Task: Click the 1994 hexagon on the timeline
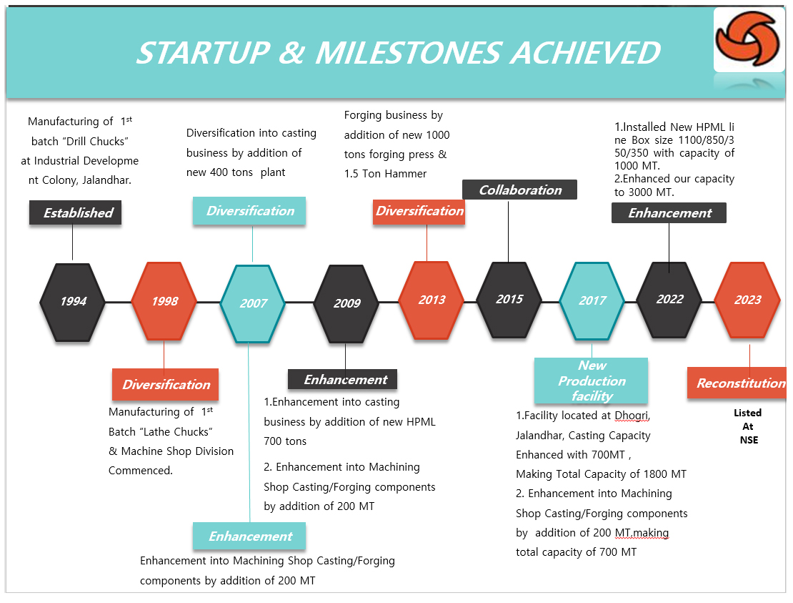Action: coord(73,303)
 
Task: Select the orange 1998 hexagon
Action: coord(164,301)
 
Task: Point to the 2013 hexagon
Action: coord(432,300)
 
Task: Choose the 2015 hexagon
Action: coord(509,300)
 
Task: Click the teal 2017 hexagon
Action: coord(592,301)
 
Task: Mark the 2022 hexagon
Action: coord(669,300)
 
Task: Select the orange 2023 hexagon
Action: coord(747,300)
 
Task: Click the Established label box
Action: coord(75,212)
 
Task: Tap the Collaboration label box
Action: coord(519,190)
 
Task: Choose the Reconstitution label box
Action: coord(737,383)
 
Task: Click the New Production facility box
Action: coord(592,381)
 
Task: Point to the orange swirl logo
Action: coord(747,39)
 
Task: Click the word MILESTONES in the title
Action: coord(409,53)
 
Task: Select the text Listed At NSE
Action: coord(748,426)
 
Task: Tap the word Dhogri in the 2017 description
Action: coord(632,416)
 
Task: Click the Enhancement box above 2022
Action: coord(669,212)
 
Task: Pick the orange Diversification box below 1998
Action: coord(165,384)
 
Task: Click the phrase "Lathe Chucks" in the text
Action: coord(175,432)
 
